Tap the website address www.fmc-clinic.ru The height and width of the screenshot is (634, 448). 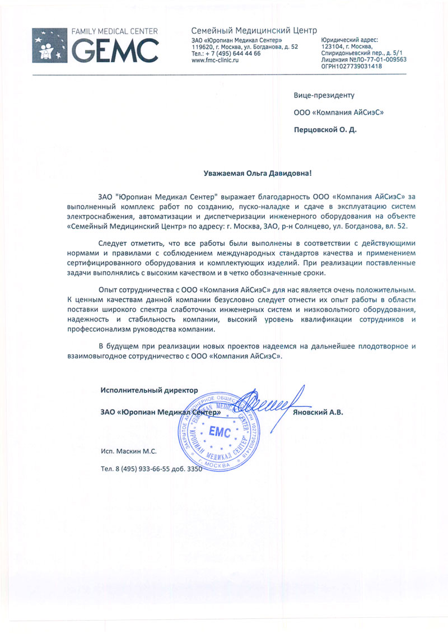(215, 60)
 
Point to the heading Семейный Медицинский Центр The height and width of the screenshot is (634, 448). (254, 30)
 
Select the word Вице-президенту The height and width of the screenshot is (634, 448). (324, 96)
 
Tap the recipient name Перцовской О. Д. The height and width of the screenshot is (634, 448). (325, 129)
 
